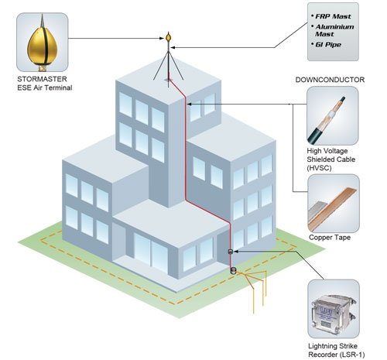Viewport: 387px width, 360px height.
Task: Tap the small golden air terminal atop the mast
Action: pos(169,37)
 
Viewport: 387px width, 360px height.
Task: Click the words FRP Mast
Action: pos(333,16)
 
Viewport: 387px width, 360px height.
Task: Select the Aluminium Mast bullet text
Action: pos(334,30)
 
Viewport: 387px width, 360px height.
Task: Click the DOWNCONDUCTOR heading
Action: pos(330,80)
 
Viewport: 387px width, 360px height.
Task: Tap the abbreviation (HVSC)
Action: pos(319,168)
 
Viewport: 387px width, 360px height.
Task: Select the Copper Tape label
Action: pos(330,238)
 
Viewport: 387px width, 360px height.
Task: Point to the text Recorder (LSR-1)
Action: pos(337,355)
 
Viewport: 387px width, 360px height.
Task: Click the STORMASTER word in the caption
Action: pos(42,79)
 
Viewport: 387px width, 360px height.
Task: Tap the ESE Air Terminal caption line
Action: pos(45,87)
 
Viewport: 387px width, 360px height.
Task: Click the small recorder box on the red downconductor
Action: pos(231,252)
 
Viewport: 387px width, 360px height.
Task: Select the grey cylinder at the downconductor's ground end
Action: pos(233,270)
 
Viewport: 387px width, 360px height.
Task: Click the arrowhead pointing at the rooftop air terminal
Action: pos(163,39)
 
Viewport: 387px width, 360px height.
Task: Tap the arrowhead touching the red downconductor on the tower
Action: pos(189,104)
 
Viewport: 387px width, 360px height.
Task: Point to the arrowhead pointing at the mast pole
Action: pos(173,47)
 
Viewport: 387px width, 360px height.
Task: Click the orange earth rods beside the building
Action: pos(253,289)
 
